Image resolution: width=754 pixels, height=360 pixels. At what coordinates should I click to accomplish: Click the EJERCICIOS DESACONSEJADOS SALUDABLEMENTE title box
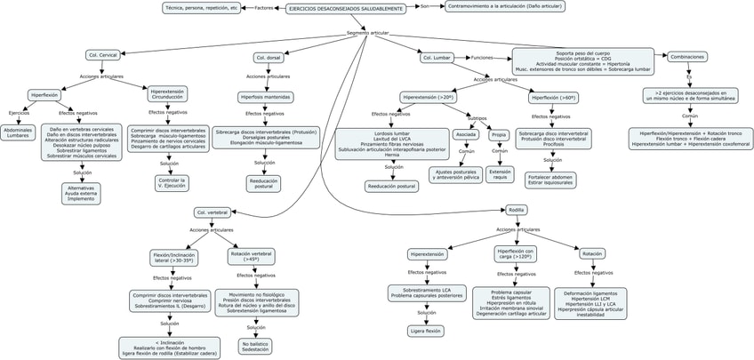tap(347, 8)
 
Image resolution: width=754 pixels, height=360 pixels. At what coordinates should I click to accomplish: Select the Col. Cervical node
tap(103, 55)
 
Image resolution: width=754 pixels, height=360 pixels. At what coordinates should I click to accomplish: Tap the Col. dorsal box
tap(269, 58)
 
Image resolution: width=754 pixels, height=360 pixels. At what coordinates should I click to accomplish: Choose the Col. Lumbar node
tap(437, 58)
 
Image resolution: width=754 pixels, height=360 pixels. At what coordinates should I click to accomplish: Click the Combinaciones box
tap(687, 56)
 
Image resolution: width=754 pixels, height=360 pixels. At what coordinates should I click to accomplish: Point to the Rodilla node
tap(516, 210)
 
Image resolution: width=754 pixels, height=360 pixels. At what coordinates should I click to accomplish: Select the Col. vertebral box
tap(213, 212)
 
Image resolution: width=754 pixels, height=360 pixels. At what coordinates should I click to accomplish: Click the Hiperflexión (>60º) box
tap(553, 98)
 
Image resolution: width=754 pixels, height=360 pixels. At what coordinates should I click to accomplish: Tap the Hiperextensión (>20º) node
tap(429, 98)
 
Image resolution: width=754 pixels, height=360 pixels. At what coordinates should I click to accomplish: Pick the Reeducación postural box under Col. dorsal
tap(263, 183)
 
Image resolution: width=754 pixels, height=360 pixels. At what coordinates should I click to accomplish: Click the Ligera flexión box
tap(426, 331)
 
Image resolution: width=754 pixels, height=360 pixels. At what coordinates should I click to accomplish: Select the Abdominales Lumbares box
tap(19, 133)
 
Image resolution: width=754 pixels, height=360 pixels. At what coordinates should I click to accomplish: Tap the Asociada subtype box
tap(465, 135)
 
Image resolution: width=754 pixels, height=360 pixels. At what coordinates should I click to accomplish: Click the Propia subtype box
tap(498, 135)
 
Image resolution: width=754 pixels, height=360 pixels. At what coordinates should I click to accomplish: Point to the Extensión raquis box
tap(500, 173)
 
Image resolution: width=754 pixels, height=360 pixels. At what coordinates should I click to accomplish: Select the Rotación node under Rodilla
tap(591, 253)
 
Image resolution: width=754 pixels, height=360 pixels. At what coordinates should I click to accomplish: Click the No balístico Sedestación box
tap(255, 346)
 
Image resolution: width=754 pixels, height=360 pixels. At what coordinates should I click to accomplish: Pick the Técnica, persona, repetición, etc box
tap(202, 8)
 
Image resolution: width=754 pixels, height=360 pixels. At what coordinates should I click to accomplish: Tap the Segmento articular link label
tap(368, 33)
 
